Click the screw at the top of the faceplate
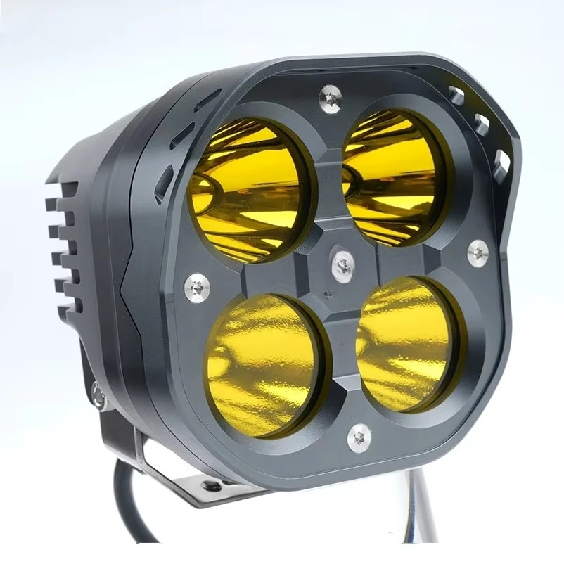[x=330, y=96]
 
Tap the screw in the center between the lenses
[x=342, y=264]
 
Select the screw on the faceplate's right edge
[x=478, y=250]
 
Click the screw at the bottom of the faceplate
[x=359, y=438]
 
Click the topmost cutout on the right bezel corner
[x=456, y=96]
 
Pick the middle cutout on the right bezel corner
[x=482, y=124]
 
